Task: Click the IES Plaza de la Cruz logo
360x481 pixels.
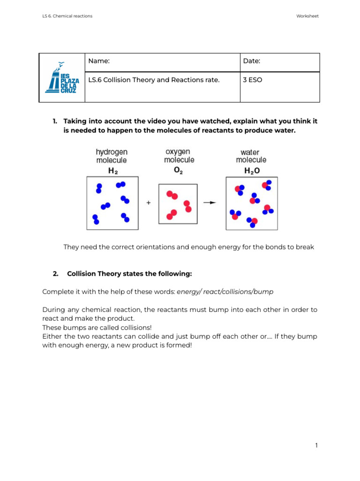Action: point(62,78)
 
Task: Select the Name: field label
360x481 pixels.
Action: point(99,61)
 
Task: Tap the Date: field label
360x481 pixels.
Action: point(252,61)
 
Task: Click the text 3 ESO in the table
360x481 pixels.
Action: point(253,80)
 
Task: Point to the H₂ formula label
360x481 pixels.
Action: point(113,171)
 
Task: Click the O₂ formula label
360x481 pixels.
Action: point(179,171)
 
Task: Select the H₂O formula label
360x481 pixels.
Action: point(251,171)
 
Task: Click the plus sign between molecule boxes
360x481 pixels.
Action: point(149,203)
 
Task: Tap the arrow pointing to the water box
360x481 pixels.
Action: point(210,203)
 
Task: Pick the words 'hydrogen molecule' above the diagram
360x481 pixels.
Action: point(112,156)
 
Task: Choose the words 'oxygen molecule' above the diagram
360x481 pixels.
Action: point(179,155)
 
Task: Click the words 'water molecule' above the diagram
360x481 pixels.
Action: point(251,156)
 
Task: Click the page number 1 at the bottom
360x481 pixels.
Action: point(316,445)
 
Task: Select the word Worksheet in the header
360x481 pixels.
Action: point(307,16)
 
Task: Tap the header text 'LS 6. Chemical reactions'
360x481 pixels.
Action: point(67,16)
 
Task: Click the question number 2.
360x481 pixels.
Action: point(55,273)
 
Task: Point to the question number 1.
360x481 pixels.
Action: point(55,121)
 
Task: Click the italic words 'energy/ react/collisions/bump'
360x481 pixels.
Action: point(225,292)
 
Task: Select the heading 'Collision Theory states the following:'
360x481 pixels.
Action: point(129,273)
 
